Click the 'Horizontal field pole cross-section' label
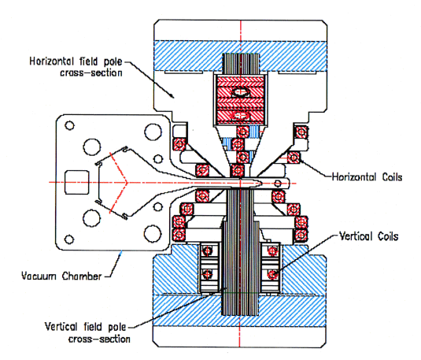76,67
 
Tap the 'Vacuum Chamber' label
61,276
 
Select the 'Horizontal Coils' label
367,177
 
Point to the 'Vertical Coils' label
368,236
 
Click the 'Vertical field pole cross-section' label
87,333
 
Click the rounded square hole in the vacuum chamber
77,182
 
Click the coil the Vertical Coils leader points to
273,274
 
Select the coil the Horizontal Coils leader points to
294,158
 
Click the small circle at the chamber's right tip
278,184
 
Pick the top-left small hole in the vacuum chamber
69,125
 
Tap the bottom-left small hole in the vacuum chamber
69,239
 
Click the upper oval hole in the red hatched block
240,92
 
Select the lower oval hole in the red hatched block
240,116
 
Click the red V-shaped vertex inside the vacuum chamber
126,182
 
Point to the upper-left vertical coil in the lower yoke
207,251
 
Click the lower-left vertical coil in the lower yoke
207,274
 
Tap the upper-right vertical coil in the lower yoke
273,251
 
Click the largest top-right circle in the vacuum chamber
153,132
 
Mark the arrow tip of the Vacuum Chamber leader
121,251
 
